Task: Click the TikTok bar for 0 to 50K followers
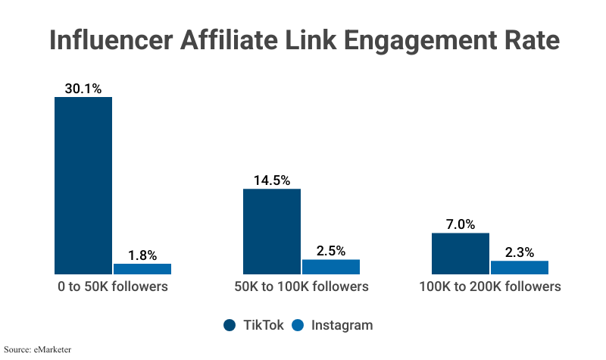click(x=83, y=185)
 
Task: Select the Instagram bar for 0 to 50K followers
click(x=142, y=268)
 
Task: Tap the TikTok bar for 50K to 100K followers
click(x=272, y=231)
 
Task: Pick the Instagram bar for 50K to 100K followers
click(x=331, y=266)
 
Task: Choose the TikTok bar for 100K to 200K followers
click(x=461, y=253)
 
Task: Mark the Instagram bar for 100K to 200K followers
click(x=520, y=267)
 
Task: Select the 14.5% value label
click(x=272, y=180)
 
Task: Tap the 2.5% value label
click(x=331, y=250)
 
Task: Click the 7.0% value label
click(x=461, y=224)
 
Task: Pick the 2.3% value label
click(x=520, y=252)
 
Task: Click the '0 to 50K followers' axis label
click(x=113, y=287)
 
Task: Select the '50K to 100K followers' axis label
click(x=301, y=287)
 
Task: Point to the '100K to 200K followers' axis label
click(x=490, y=287)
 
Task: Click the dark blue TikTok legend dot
click(x=230, y=325)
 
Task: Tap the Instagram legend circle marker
click(x=298, y=325)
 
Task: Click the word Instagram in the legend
click(x=342, y=325)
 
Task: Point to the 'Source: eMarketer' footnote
click(x=37, y=350)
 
